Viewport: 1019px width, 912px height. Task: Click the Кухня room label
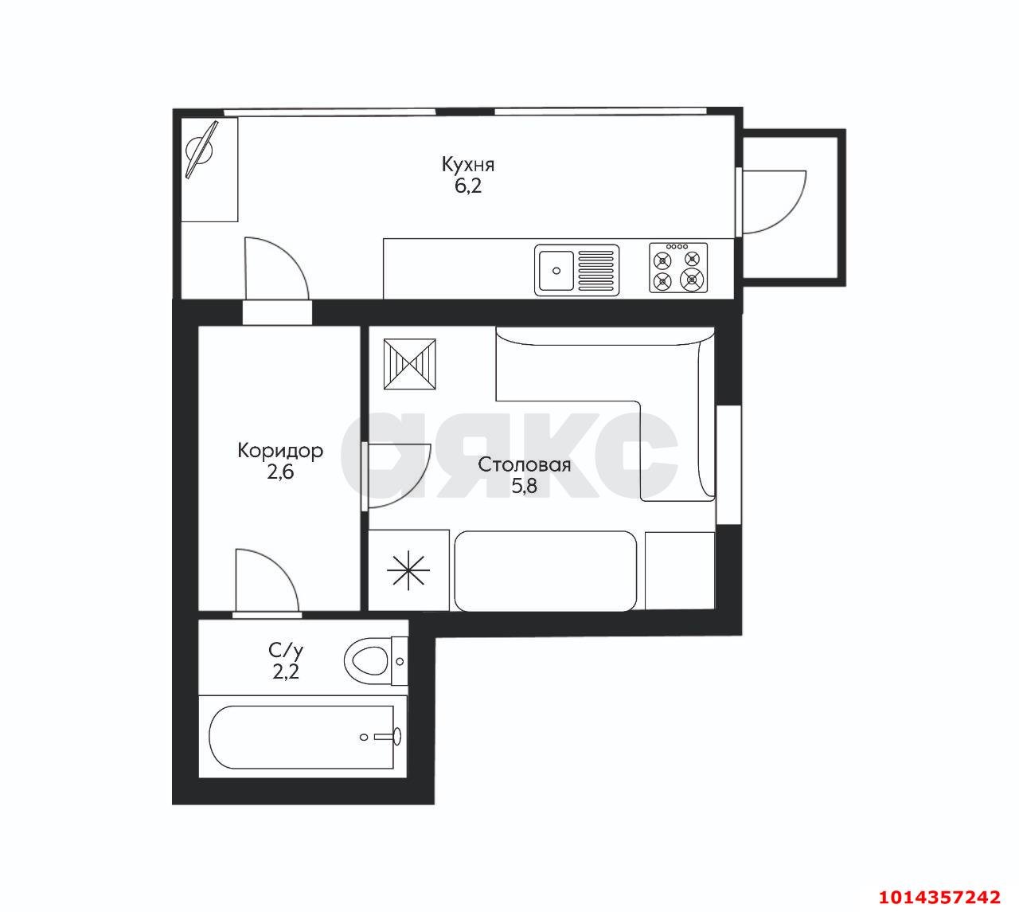pos(468,165)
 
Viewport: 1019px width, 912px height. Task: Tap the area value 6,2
pos(468,186)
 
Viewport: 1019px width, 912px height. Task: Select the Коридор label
pos(280,451)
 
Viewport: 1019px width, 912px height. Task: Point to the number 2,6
pos(280,472)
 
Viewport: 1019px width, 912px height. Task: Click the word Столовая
pos(524,464)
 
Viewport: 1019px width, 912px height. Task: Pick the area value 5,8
pos(524,486)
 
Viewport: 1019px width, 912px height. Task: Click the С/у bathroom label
pos(286,652)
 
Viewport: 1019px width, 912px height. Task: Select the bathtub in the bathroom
pos(302,738)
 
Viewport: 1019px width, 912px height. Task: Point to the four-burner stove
pos(678,268)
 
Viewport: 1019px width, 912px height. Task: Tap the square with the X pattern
pos(409,364)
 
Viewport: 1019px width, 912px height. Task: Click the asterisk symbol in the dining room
pos(408,570)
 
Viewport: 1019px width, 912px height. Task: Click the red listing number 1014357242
pos(939,896)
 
